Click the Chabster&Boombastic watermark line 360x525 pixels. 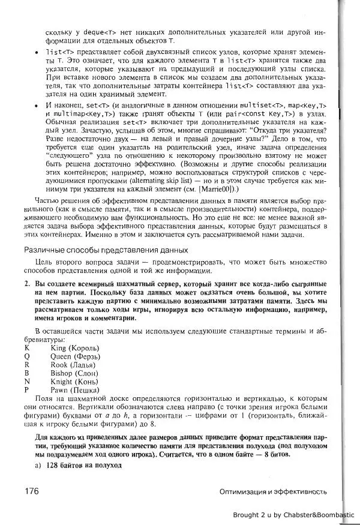click(x=294, y=514)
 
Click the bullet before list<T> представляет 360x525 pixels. click(x=38, y=52)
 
